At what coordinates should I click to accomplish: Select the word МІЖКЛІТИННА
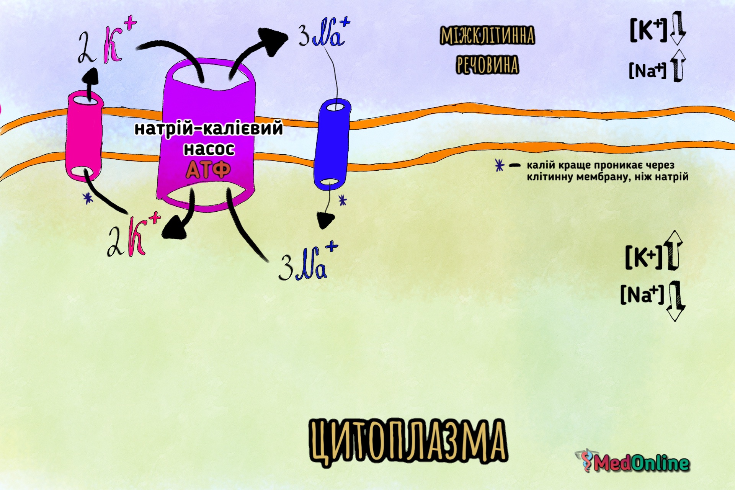[487, 36]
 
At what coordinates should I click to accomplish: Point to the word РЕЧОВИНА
[487, 65]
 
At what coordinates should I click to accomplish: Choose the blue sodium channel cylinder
[332, 144]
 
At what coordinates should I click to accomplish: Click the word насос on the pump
[209, 149]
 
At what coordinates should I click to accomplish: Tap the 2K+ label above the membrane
[107, 42]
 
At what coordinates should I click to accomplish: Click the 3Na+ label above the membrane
[324, 33]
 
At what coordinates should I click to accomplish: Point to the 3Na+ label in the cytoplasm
[309, 261]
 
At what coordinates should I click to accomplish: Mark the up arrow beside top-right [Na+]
[678, 65]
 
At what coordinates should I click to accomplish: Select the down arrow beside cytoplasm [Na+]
[676, 301]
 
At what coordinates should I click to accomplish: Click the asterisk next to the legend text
[499, 165]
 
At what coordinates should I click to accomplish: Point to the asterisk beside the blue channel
[343, 200]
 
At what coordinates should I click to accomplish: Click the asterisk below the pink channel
[88, 198]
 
